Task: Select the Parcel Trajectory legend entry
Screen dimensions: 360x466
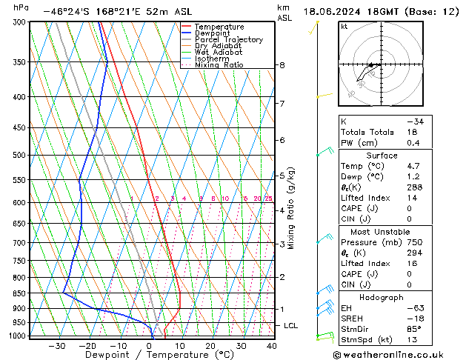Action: (x=228, y=40)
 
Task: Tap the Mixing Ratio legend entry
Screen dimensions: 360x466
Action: (x=219, y=65)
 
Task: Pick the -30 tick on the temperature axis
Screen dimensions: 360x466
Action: (x=57, y=346)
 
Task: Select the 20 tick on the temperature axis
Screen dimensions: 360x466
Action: (x=210, y=346)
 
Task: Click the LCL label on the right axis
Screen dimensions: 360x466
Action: (x=291, y=325)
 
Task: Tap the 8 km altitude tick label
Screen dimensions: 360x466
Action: (x=282, y=65)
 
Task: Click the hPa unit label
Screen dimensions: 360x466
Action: (x=21, y=7)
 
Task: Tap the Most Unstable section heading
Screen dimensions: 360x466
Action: (x=381, y=232)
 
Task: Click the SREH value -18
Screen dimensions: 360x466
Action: (x=413, y=319)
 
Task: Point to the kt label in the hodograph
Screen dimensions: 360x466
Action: (x=344, y=27)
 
